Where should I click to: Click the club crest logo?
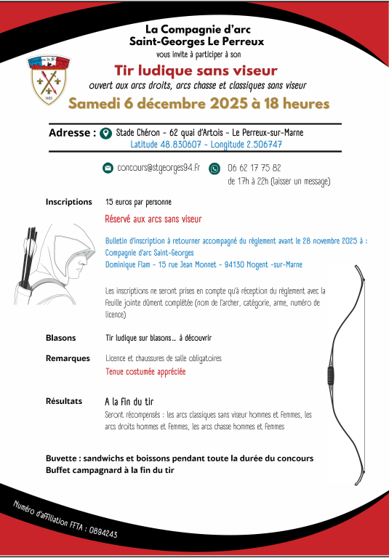pyautogui.click(x=48, y=77)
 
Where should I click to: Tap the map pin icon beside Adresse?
pyautogui.click(x=106, y=134)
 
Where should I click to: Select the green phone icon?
pyautogui.click(x=214, y=168)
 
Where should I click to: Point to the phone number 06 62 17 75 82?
pyautogui.click(x=254, y=168)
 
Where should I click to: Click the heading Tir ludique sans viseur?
pyautogui.click(x=196, y=70)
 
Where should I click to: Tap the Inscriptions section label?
pyautogui.click(x=68, y=201)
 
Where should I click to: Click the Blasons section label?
pyautogui.click(x=60, y=338)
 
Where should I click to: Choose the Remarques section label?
pyautogui.click(x=68, y=358)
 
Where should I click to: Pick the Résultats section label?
pyautogui.click(x=64, y=400)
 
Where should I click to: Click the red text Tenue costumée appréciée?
pyautogui.click(x=145, y=371)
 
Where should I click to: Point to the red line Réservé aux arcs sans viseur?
pyautogui.click(x=153, y=218)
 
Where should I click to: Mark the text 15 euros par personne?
pyautogui.click(x=138, y=201)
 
